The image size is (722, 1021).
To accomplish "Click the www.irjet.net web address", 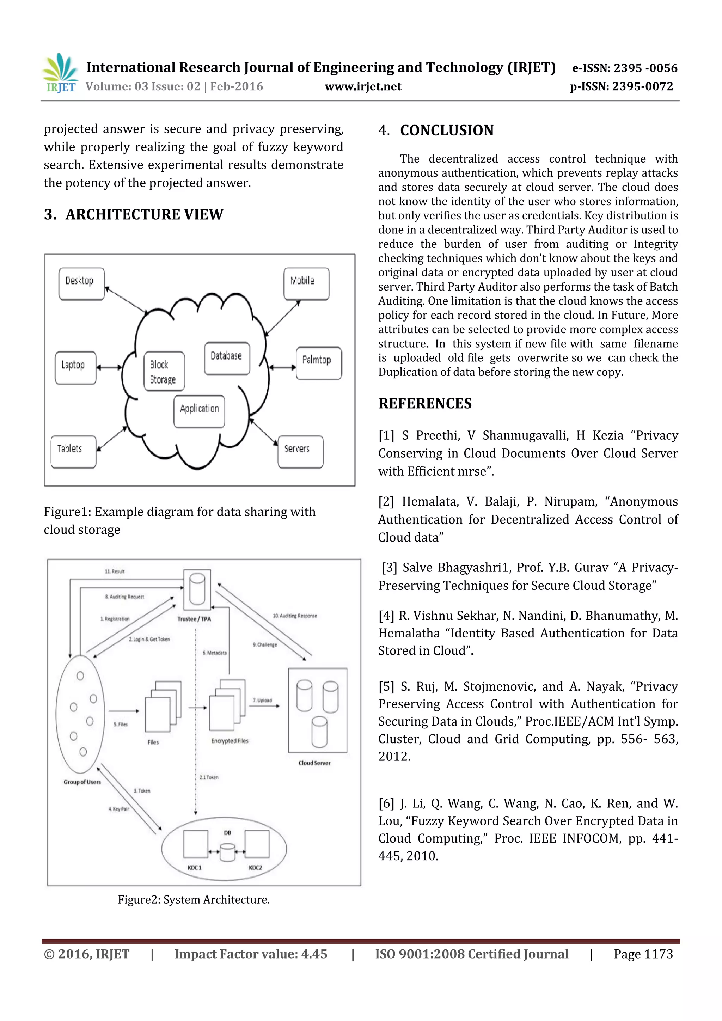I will pyautogui.click(x=363, y=86).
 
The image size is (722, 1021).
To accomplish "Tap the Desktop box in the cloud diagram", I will pyautogui.click(x=81, y=283).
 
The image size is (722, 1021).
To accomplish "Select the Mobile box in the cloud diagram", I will pyautogui.click(x=306, y=283).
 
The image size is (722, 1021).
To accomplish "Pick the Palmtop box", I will pyautogui.click(x=318, y=363).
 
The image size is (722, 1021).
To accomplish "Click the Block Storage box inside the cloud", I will pyautogui.click(x=164, y=371).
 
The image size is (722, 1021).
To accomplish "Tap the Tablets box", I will pyautogui.click(x=73, y=451).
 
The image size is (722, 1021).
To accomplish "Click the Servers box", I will pyautogui.click(x=300, y=451).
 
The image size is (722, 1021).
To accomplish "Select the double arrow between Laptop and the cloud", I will pyautogui.click(x=109, y=367).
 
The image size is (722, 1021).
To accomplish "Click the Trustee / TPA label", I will pyautogui.click(x=194, y=619).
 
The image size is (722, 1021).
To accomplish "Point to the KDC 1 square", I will pyautogui.click(x=196, y=844).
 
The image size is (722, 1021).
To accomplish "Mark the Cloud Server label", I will pyautogui.click(x=314, y=763).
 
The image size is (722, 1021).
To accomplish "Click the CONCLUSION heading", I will pyautogui.click(x=446, y=130).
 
